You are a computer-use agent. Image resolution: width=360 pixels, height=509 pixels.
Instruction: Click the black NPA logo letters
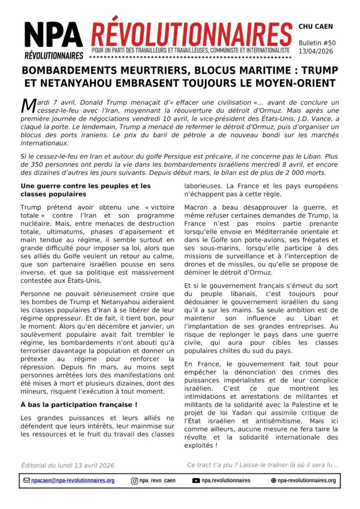[54, 36]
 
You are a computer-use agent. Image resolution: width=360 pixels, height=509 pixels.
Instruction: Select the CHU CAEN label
[316, 26]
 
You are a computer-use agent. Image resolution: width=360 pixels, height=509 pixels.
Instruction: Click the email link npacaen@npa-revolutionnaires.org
[73, 481]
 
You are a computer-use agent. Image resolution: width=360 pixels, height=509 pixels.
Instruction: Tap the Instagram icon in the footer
[134, 481]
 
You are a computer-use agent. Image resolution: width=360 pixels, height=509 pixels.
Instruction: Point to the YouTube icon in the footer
[196, 481]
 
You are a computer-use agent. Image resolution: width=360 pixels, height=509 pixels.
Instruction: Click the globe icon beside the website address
[273, 481]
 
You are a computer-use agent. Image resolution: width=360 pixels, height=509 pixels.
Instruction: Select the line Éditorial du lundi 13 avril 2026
[68, 465]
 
